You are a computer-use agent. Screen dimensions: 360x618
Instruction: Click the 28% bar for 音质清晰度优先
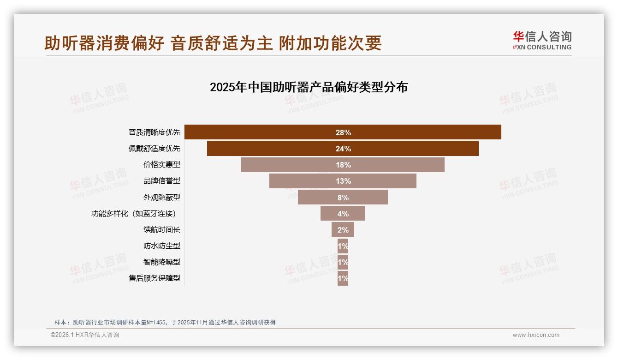(x=343, y=132)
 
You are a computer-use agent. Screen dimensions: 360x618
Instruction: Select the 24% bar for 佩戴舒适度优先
(x=343, y=149)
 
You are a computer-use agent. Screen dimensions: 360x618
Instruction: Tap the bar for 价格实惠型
(x=343, y=165)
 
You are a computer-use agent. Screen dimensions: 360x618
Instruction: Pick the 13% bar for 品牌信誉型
(x=343, y=181)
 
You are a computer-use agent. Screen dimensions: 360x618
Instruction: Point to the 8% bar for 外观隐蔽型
(x=343, y=197)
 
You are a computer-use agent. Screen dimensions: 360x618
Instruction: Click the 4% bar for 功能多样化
(x=343, y=213)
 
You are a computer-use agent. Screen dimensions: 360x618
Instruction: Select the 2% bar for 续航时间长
(x=343, y=229)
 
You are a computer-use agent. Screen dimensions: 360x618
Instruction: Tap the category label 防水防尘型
(x=161, y=246)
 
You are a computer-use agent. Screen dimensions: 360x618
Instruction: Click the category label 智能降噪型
(x=161, y=262)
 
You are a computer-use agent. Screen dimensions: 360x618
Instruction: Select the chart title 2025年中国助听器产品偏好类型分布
(x=309, y=87)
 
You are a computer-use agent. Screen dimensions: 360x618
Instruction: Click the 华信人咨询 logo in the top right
(x=542, y=41)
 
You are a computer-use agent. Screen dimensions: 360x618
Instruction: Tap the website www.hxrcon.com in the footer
(x=536, y=335)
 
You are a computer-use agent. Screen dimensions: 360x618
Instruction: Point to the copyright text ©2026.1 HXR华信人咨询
(x=85, y=335)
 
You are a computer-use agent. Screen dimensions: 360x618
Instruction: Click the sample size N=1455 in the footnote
(x=156, y=322)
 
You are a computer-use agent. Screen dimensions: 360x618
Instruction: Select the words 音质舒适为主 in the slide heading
(x=221, y=43)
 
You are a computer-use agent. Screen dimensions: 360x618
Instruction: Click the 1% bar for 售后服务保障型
(x=343, y=278)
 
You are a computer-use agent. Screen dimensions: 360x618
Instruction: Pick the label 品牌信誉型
(x=161, y=181)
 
